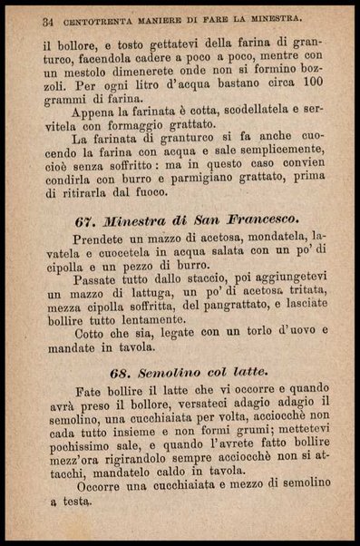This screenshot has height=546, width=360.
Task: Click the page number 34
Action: point(47,18)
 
